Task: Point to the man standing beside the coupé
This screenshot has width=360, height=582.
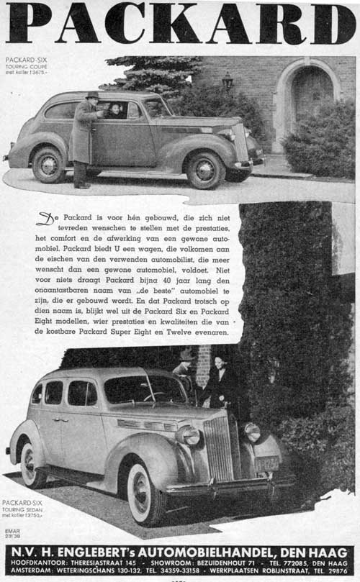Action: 84,137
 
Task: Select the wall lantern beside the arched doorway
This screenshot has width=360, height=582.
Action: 228,81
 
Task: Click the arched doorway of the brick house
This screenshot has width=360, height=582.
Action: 310,97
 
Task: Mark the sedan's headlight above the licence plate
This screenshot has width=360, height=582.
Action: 251,432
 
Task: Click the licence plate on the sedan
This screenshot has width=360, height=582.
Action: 266,463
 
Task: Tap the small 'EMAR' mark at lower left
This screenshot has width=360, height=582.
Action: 12,531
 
